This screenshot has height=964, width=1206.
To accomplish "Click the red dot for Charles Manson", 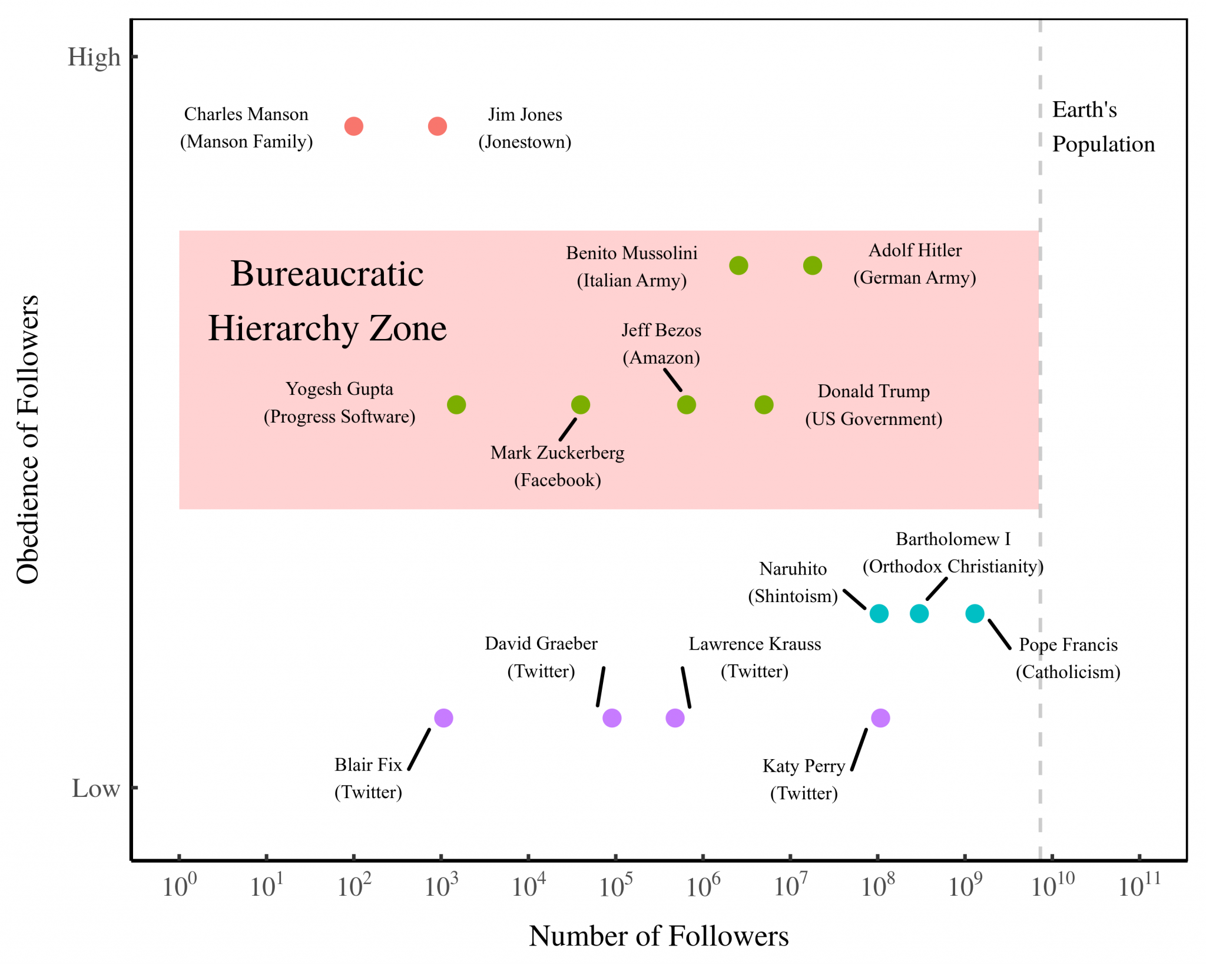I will pos(353,126).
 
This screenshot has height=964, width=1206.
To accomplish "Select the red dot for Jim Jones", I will pos(437,126).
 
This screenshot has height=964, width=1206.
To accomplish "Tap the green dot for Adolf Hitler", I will pos(812,265).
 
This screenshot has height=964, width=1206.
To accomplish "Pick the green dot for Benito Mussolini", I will pos(738,265).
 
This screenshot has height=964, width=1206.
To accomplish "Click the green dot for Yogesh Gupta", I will pos(456,405).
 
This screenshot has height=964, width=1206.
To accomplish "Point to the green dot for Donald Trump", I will pos(764,405).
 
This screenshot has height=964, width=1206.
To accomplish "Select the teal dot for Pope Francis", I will pos(975,614).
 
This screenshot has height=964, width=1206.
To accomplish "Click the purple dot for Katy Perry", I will pos(880,718).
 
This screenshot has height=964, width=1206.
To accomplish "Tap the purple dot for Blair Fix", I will pos(443,718).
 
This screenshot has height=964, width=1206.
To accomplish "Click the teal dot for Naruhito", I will pos(879,614).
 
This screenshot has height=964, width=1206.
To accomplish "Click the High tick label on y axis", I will pos(94,57).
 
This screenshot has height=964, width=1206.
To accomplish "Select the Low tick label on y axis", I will pos(96,789).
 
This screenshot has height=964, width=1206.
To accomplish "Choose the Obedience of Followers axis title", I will pos(28,440).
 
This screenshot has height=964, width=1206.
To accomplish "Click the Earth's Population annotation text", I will pos(1102,127).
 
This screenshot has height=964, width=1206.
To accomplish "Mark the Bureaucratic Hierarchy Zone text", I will pos(327,301).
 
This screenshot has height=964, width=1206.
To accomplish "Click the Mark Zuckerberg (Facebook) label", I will pos(557,466).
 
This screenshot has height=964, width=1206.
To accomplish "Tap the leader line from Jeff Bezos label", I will pos(672,380).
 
